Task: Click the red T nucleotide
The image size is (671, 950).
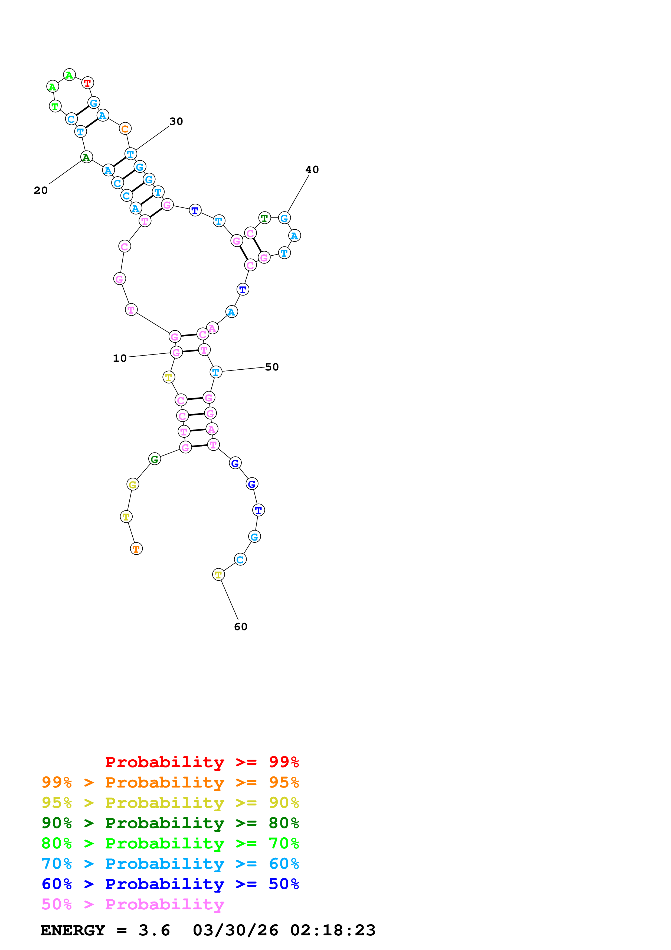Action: click(x=87, y=83)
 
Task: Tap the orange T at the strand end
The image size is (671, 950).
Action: click(x=136, y=549)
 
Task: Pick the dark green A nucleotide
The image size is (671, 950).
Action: click(x=86, y=157)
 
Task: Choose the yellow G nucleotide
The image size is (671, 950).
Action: click(x=133, y=484)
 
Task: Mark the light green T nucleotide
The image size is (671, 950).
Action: click(x=55, y=106)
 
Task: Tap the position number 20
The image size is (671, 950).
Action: click(x=41, y=190)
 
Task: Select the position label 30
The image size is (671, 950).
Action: click(x=176, y=121)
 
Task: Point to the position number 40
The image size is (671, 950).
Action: click(x=312, y=170)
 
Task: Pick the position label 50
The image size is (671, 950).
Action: click(x=272, y=367)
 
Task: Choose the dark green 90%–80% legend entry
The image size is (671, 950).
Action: click(x=170, y=823)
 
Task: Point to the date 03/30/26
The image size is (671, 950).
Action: click(x=235, y=931)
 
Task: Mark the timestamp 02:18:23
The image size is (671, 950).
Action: click(x=333, y=931)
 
